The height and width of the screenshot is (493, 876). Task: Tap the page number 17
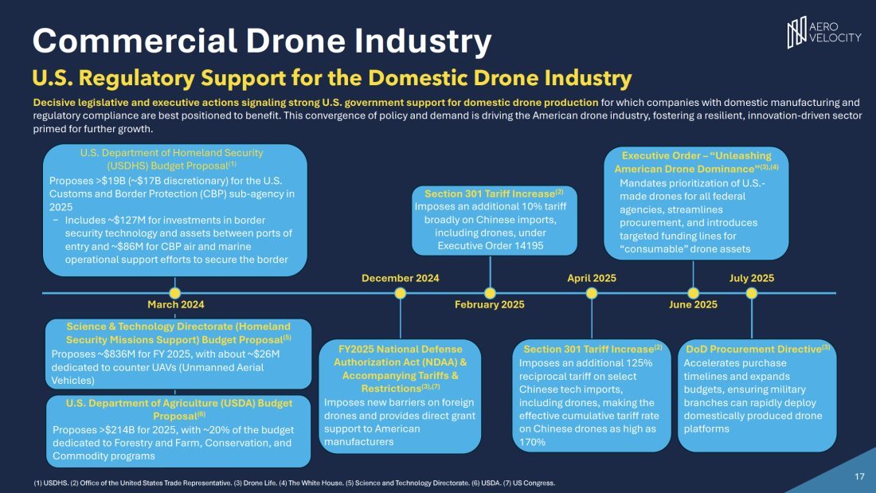tap(859, 476)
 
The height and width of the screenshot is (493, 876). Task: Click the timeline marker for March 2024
tap(175, 292)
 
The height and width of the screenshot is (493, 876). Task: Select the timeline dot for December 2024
tap(401, 292)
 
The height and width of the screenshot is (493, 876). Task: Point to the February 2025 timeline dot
tap(490, 292)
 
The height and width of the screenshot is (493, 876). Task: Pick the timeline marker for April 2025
tap(592, 292)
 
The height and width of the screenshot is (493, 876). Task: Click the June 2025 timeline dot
tap(694, 292)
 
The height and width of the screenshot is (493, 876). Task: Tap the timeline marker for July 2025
tap(752, 292)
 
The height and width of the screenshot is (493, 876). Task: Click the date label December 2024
tap(400, 278)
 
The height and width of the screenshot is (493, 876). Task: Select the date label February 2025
tap(489, 304)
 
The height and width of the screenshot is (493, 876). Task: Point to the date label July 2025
tap(752, 278)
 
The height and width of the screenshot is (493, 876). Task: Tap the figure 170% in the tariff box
tap(532, 442)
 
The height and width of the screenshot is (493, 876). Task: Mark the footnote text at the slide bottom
tap(294, 483)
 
